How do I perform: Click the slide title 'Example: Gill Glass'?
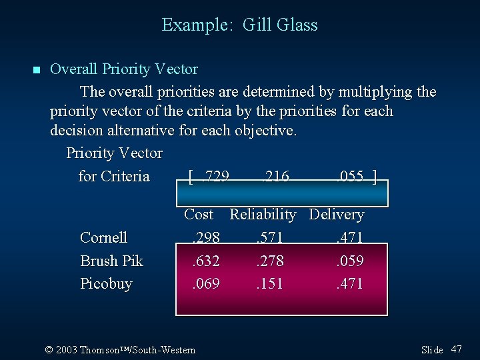pos(239,25)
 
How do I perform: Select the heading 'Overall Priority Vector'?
pos(124,69)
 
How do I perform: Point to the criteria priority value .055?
pos(349,176)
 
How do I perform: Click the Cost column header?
pos(199,215)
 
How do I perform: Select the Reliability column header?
pos(263,215)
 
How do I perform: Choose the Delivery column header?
pos(337,215)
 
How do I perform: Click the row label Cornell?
pos(103,238)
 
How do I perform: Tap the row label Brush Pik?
pos(111,261)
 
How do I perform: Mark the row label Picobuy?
pos(106,283)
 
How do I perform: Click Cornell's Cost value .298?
pos(205,238)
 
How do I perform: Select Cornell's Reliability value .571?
pos(269,238)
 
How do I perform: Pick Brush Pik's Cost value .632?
pos(205,261)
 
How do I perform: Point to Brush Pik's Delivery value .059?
pos(349,261)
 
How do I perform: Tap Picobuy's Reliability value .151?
pos(269,283)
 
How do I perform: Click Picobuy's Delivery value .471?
pos(349,283)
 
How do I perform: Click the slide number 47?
pos(457,349)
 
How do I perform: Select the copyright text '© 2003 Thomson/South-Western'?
pos(120,350)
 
